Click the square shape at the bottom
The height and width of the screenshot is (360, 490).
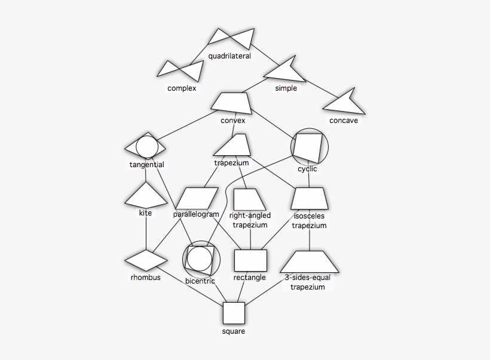[x=234, y=313]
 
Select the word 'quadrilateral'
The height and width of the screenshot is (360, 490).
[x=229, y=57]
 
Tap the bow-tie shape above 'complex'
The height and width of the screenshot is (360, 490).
[x=179, y=70]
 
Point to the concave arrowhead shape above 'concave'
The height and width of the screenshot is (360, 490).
[x=344, y=103]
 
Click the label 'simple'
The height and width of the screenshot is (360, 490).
[x=286, y=89]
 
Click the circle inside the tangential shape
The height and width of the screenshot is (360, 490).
[x=145, y=146]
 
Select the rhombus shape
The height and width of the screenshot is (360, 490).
[x=145, y=261]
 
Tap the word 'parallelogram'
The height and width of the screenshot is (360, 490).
[x=196, y=214]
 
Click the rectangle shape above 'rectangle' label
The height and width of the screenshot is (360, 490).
[x=250, y=261]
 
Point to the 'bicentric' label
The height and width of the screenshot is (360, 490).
[x=200, y=281]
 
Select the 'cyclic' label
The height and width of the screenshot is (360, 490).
[x=307, y=169]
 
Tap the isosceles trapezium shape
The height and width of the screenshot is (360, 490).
[x=310, y=198]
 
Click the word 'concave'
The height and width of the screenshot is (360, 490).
[x=344, y=121]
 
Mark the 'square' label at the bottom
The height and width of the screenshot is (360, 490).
[x=233, y=331]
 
